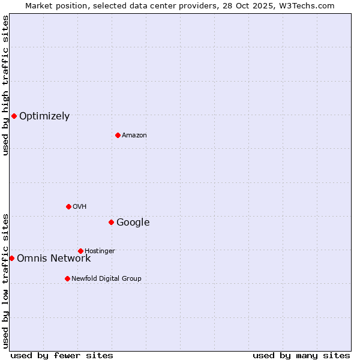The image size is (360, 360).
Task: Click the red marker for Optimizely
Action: [14, 116]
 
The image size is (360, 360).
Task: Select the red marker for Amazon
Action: [118, 135]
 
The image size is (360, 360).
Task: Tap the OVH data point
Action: [68, 206]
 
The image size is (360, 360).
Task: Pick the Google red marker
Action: [111, 222]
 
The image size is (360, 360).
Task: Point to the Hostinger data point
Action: [80, 251]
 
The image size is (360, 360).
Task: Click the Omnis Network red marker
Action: [11, 258]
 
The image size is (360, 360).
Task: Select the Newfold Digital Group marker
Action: [67, 278]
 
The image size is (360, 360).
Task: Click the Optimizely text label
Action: [44, 116]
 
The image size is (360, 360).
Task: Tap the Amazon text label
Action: [134, 136]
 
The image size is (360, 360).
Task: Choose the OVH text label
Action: [80, 207]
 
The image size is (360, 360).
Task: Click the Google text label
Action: [133, 223]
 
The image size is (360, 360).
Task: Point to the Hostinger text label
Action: [100, 251]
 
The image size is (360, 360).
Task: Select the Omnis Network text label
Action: [54, 259]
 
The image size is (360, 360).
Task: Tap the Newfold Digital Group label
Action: [107, 279]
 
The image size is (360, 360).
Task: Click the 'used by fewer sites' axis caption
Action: [62, 356]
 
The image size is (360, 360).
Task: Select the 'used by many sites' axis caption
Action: [301, 356]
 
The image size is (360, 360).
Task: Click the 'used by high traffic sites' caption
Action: [5, 85]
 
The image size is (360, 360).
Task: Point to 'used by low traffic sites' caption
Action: [5, 280]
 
